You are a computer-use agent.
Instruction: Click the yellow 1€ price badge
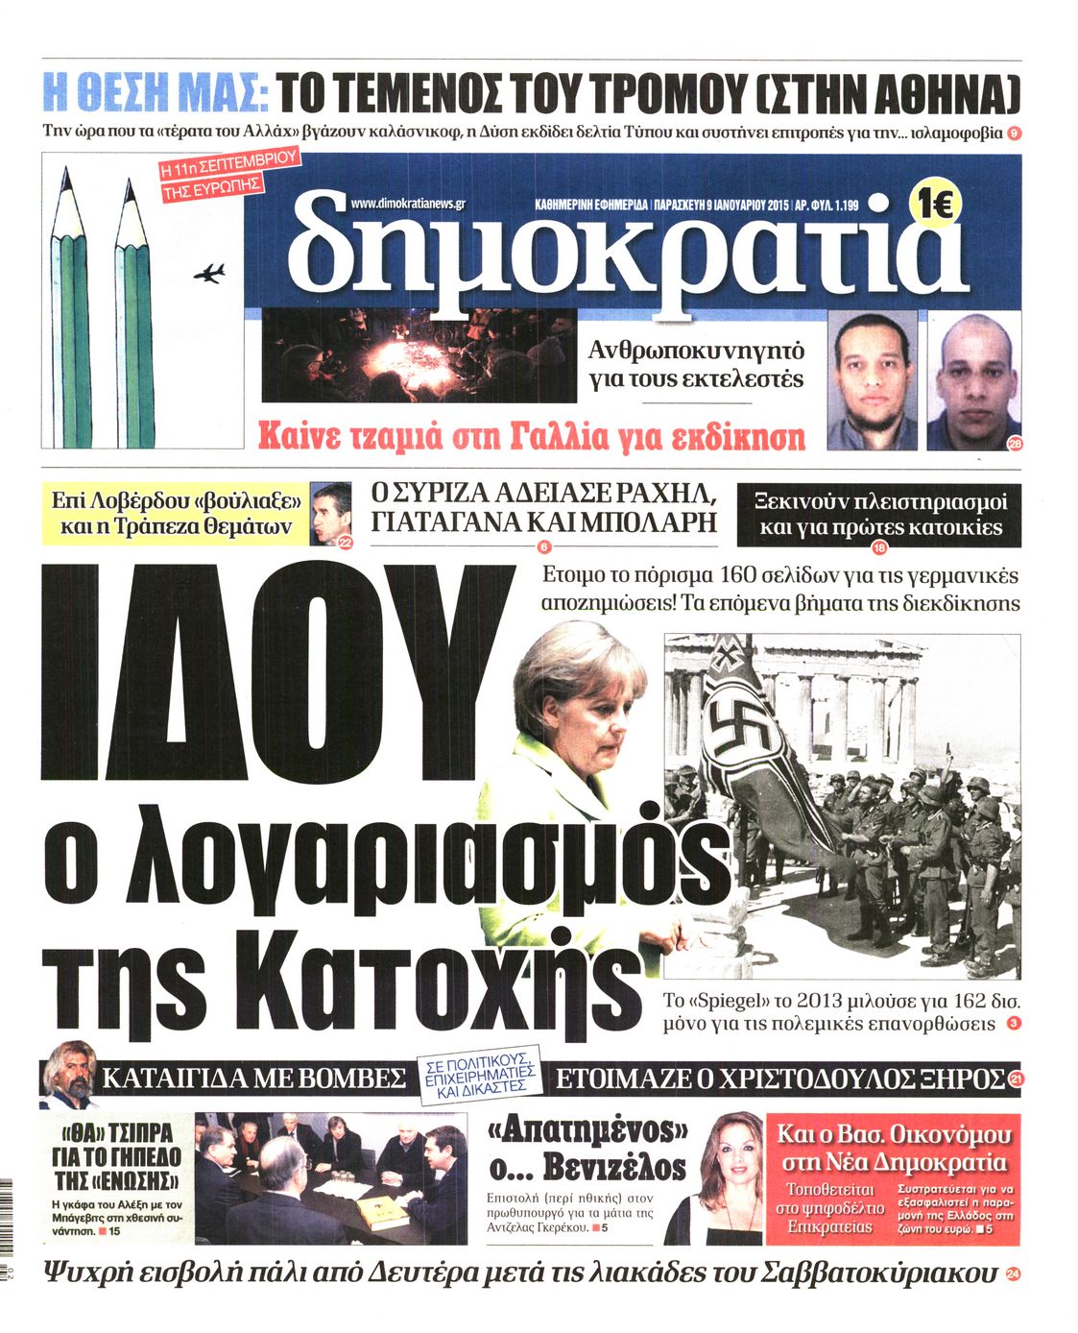pos(934,204)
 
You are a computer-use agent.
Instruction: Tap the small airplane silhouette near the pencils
pos(209,274)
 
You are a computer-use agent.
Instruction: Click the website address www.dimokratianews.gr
pos(408,204)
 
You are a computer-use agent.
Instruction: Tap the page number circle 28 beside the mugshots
pos(1015,443)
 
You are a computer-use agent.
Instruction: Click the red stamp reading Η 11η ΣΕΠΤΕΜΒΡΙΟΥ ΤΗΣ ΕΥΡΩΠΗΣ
pos(228,175)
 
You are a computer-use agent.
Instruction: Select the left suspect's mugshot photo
pos(872,380)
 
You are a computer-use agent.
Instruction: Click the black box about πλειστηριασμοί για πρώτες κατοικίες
pos(877,514)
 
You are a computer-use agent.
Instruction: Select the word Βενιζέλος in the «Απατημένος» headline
pos(614,1167)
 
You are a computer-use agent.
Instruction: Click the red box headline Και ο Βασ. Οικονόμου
pos(893,1148)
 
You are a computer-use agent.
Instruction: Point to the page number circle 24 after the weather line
pos(1013,1274)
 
